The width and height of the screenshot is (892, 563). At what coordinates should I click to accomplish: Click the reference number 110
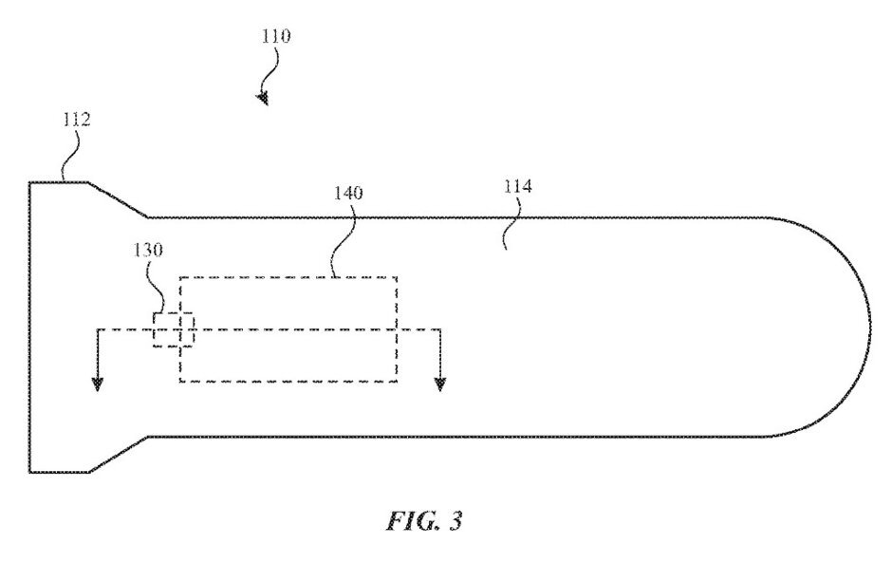[276, 36]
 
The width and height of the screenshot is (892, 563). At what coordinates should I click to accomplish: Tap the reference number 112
[77, 120]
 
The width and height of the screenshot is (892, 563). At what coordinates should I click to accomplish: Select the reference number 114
[518, 186]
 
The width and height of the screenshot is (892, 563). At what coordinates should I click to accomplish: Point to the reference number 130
[148, 250]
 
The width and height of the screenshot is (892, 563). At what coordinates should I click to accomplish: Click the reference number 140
[347, 193]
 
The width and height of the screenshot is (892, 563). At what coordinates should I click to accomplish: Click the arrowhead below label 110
[263, 99]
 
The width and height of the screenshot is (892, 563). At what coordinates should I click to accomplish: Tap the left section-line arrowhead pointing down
[98, 385]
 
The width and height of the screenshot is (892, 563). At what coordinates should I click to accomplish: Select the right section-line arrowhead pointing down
[439, 385]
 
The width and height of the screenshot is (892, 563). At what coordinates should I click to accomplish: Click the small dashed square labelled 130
[174, 329]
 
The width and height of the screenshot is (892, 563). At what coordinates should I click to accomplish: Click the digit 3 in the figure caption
[455, 521]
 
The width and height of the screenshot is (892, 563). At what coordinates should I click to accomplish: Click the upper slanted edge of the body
[118, 199]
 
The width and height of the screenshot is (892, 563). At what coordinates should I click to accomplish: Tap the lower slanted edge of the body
[119, 454]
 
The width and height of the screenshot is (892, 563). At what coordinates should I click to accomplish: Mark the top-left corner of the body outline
[29, 182]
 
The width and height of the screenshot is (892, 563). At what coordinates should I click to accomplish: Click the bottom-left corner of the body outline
[29, 472]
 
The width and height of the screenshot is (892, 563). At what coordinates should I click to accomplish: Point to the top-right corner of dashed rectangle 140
[397, 278]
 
